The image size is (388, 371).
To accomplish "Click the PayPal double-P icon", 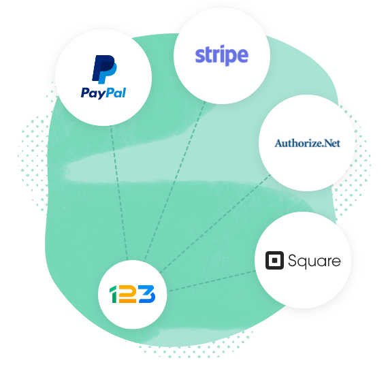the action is [104, 69].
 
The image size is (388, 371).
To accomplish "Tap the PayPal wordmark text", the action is [103, 93].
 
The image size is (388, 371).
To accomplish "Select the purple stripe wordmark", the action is [222, 55].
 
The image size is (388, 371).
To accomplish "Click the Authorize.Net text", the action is [307, 143].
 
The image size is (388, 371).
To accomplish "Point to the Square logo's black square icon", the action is [274, 260].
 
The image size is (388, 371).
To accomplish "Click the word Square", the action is [314, 261].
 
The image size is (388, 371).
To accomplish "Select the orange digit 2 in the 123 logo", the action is [128, 294].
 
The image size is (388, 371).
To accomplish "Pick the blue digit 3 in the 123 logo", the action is [147, 294].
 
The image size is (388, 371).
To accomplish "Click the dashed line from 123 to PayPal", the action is [119, 193].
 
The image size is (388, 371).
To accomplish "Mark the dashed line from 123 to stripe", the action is [175, 181].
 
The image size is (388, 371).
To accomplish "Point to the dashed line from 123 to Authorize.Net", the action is [215, 224].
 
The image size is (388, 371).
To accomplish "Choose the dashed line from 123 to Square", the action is [212, 281].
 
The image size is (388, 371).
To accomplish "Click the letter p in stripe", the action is [233, 57].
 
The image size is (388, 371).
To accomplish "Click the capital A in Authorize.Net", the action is [279, 143].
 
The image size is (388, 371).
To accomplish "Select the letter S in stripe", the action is [199, 56].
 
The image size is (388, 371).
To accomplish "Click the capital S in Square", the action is [293, 260].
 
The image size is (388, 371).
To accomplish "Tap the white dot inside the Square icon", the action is [274, 260].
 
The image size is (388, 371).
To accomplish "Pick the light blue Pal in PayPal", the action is [116, 93].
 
